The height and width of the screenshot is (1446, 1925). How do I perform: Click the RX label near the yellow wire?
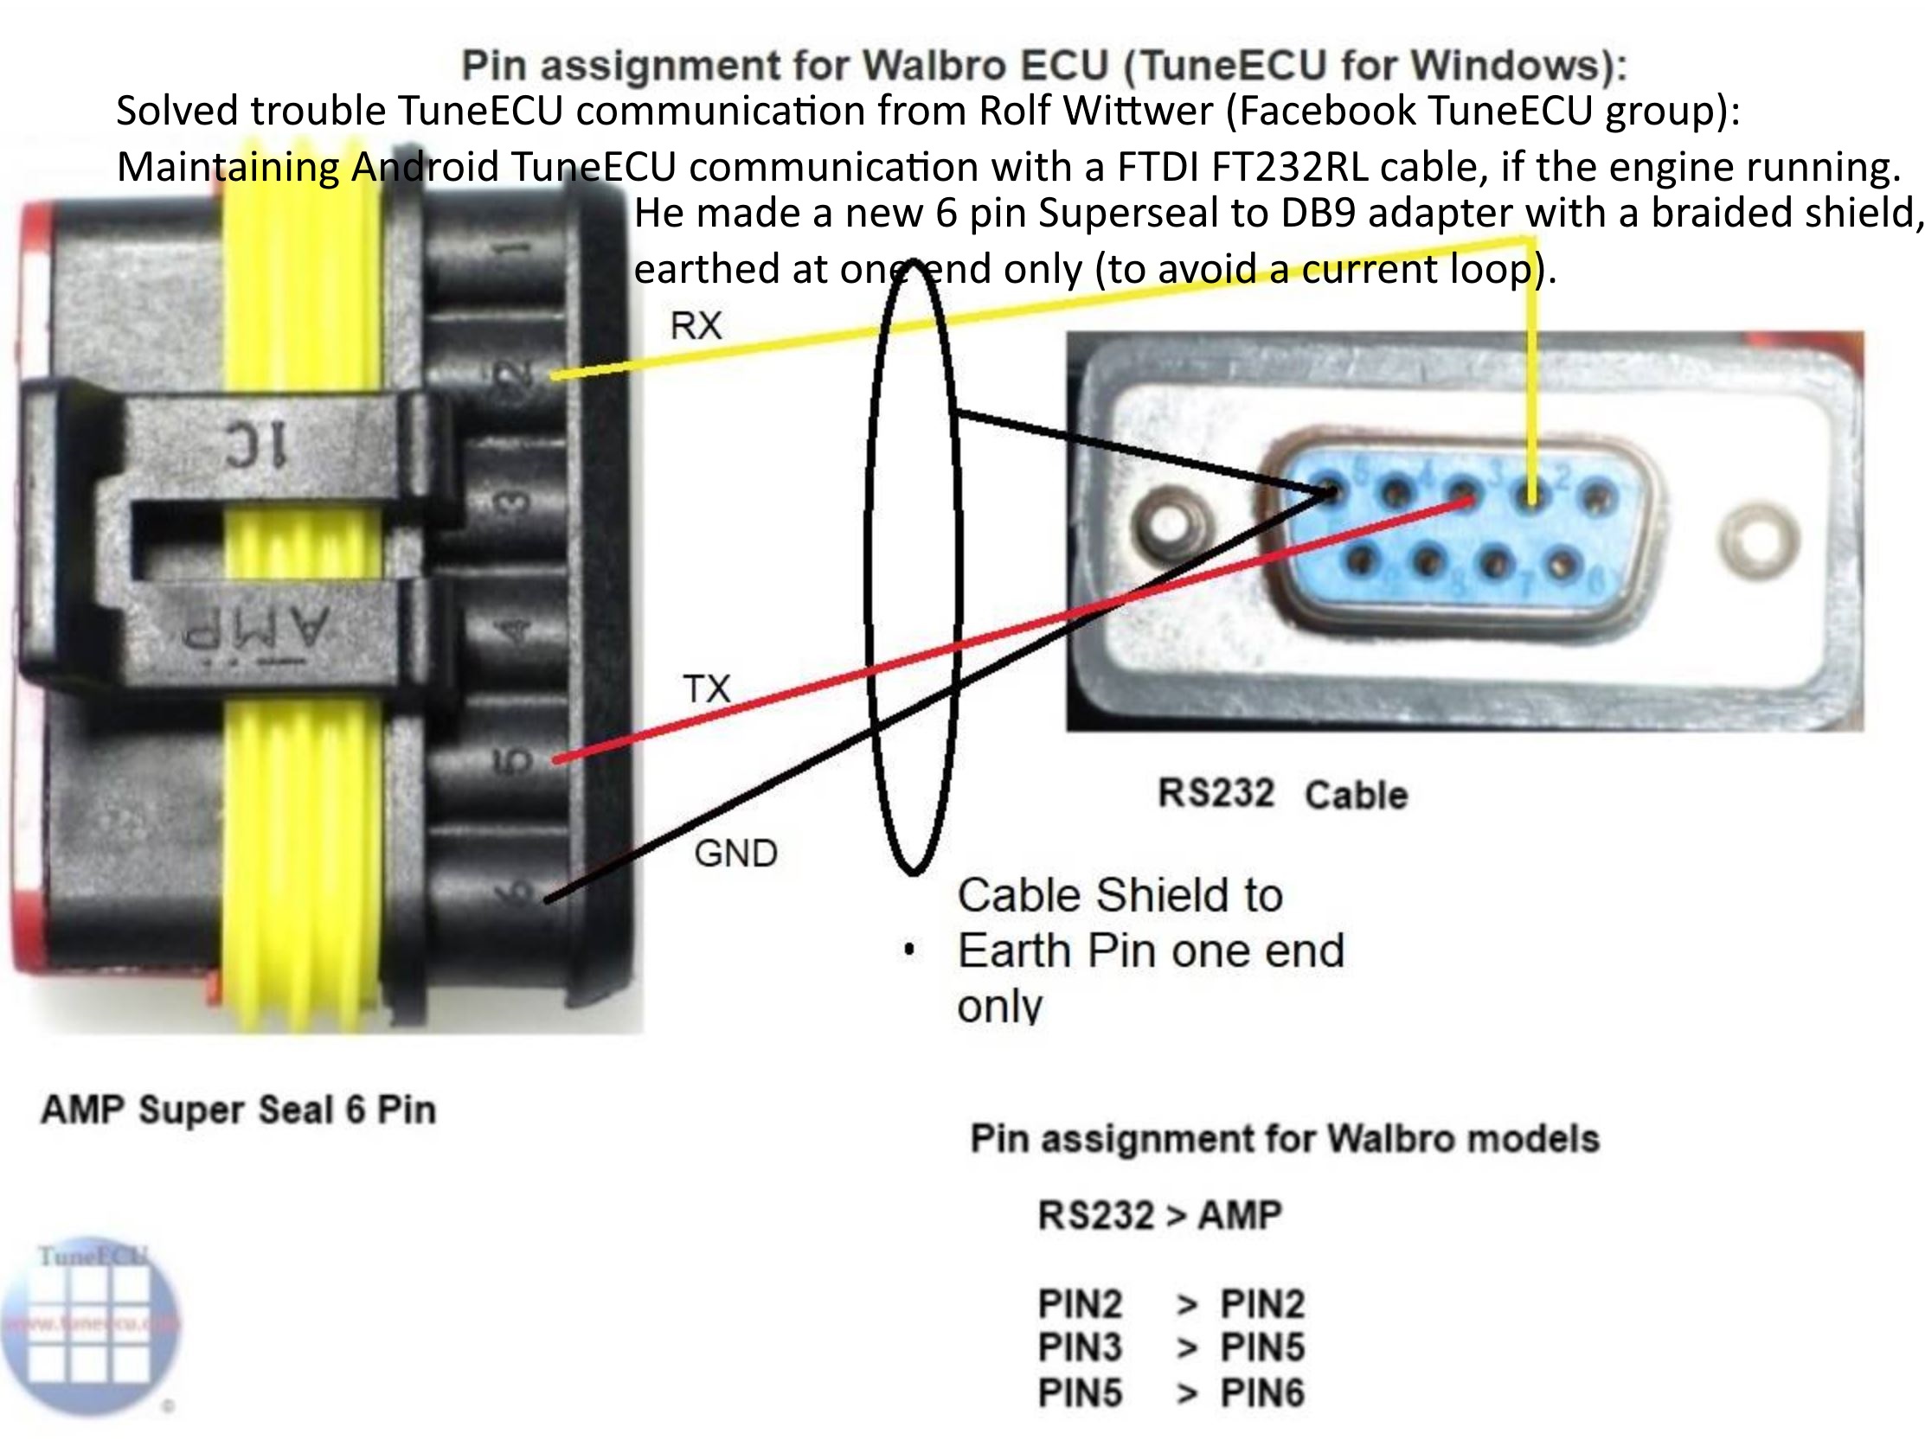click(696, 325)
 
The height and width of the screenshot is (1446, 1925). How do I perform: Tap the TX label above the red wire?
click(706, 689)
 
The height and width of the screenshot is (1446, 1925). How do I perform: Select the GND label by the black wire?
click(735, 854)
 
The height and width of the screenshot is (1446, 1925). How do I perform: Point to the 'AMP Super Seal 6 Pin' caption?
click(239, 1110)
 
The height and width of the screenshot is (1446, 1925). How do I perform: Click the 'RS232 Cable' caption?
click(1282, 794)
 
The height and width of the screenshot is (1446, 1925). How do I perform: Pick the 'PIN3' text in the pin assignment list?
click(1079, 1347)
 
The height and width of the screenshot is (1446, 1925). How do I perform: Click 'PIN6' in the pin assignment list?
click(1262, 1393)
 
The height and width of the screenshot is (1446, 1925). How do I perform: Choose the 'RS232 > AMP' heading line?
click(1159, 1214)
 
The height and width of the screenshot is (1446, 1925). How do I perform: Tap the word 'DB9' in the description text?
click(1318, 214)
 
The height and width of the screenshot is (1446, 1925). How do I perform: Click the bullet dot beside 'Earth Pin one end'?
click(908, 950)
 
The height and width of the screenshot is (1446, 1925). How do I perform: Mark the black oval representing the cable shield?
click(870, 566)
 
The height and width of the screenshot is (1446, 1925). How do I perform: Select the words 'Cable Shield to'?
click(1120, 895)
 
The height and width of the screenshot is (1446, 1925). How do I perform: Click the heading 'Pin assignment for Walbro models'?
click(1285, 1139)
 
